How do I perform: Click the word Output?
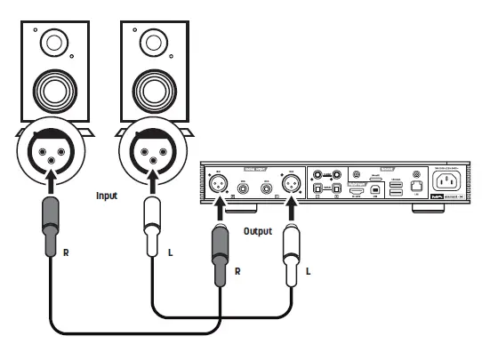click(x=257, y=231)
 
